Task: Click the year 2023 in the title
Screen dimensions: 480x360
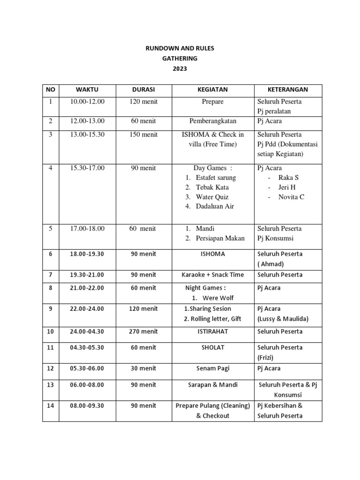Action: tap(180, 68)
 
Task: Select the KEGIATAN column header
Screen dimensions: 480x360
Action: tap(212, 90)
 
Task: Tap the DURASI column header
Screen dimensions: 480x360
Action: tap(143, 90)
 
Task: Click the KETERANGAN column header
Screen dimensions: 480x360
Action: tap(288, 90)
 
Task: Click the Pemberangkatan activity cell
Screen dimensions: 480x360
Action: tap(212, 121)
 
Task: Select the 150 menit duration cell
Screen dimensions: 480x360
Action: tap(143, 135)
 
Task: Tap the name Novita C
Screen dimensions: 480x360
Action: tap(291, 197)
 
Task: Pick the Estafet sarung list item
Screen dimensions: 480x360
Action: tap(216, 178)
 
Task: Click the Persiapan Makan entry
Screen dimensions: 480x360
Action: tap(220, 238)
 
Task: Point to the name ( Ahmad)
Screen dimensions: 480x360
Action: tap(271, 264)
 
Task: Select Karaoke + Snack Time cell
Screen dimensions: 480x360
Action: tap(213, 275)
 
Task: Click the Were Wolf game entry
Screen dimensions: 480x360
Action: tap(218, 298)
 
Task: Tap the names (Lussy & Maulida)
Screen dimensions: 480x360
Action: tap(283, 319)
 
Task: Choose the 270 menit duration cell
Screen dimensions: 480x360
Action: tap(143, 332)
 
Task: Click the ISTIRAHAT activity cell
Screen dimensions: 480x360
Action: tap(212, 332)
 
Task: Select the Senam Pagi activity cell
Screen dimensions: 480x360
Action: tap(212, 369)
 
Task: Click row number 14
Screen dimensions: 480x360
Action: tap(51, 406)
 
